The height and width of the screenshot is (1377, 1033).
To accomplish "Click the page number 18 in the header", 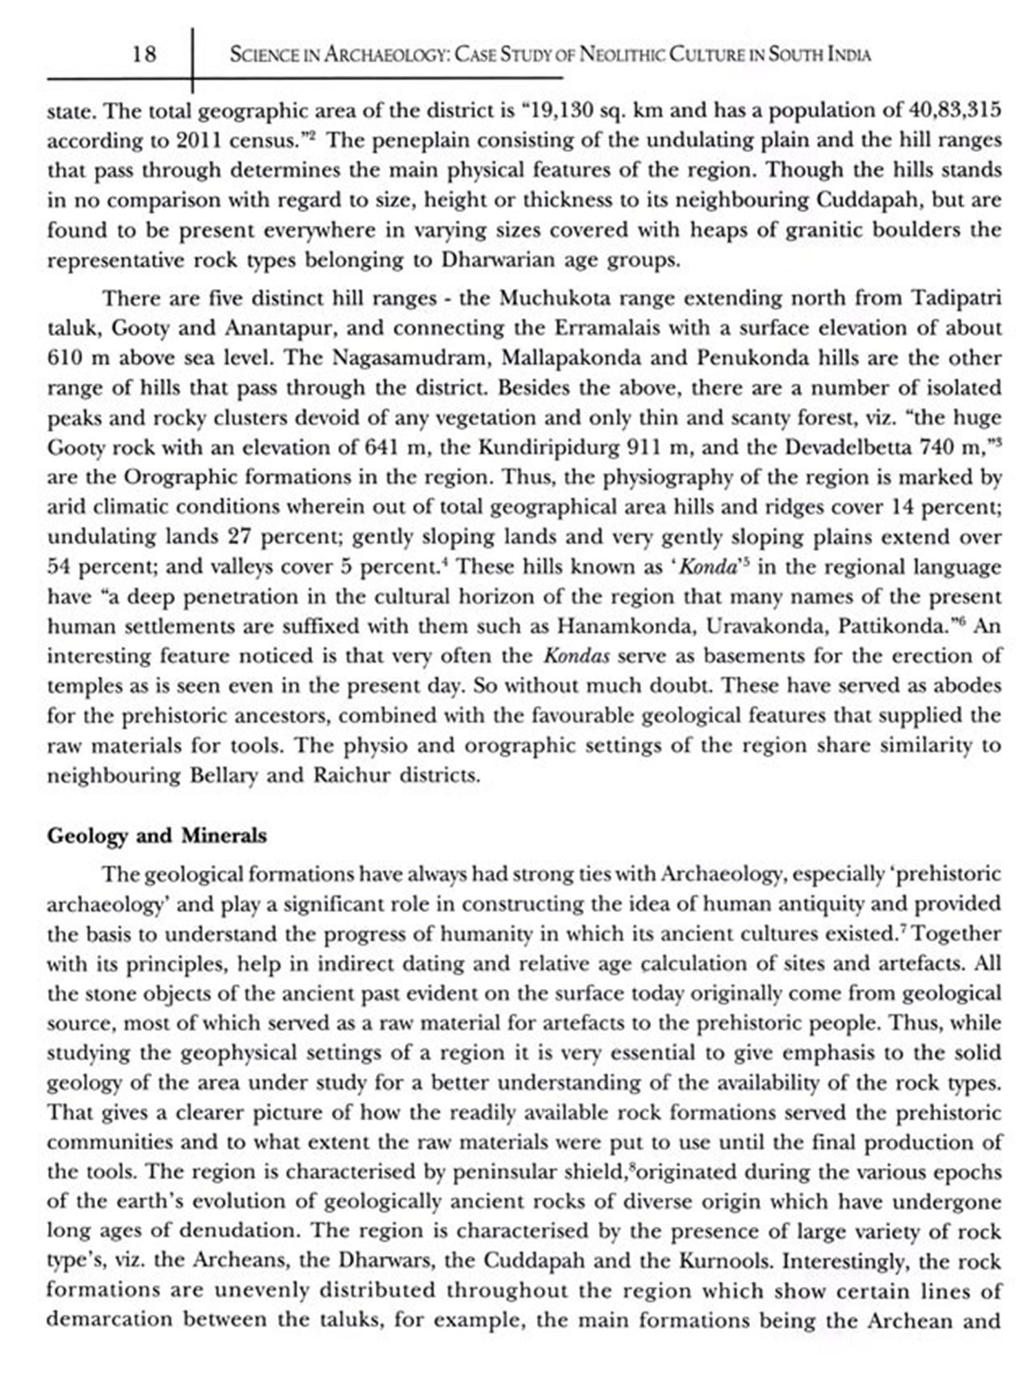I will pos(144,54).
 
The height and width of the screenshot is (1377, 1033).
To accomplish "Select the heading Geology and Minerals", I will pos(156,836).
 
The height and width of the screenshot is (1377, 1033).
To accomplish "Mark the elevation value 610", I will pos(65,358).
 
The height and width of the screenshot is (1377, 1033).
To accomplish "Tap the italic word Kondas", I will pos(576,656).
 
